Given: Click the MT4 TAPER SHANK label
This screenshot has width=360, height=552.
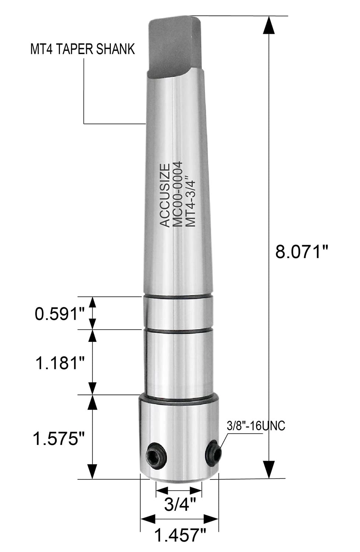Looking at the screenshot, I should pos(82,49).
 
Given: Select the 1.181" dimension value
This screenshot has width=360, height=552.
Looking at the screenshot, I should pos(60,363).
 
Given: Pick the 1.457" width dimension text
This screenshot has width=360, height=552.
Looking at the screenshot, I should pos(179,535).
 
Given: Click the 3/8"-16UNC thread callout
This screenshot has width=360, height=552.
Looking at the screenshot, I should pos(256,426).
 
